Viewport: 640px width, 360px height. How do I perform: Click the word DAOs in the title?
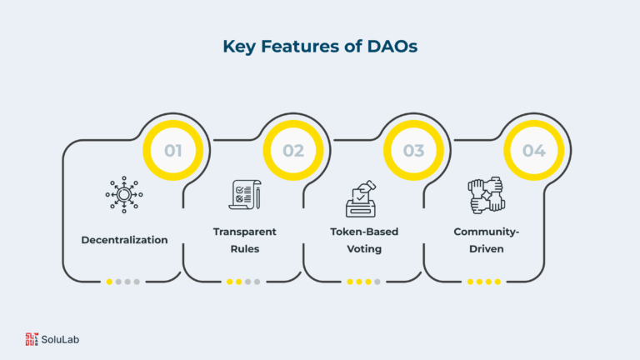click(x=392, y=46)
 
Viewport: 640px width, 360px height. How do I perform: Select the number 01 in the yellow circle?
click(x=173, y=151)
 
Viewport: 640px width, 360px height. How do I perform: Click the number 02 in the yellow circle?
click(x=293, y=151)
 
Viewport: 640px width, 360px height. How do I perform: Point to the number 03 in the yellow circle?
click(x=413, y=151)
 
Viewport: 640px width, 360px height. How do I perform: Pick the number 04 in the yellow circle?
click(x=534, y=151)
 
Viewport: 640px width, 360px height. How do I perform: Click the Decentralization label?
click(x=124, y=240)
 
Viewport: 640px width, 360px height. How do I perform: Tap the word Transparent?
click(x=244, y=232)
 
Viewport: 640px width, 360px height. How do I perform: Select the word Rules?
click(x=244, y=249)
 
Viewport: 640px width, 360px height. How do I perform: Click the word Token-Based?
click(x=364, y=232)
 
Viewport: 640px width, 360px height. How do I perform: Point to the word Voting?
click(x=364, y=249)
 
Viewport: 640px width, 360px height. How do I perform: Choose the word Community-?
click(x=486, y=232)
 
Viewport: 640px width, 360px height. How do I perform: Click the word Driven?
click(x=486, y=249)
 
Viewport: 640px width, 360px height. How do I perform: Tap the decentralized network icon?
click(x=124, y=195)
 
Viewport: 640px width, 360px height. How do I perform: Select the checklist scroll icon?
click(x=245, y=195)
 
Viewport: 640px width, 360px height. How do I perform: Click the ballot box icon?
click(x=361, y=199)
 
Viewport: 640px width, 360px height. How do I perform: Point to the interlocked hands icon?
click(x=486, y=196)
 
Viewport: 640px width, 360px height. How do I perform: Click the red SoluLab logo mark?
click(x=32, y=339)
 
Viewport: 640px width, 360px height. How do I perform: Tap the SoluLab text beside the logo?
click(x=60, y=340)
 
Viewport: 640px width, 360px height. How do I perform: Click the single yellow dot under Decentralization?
click(x=109, y=282)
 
